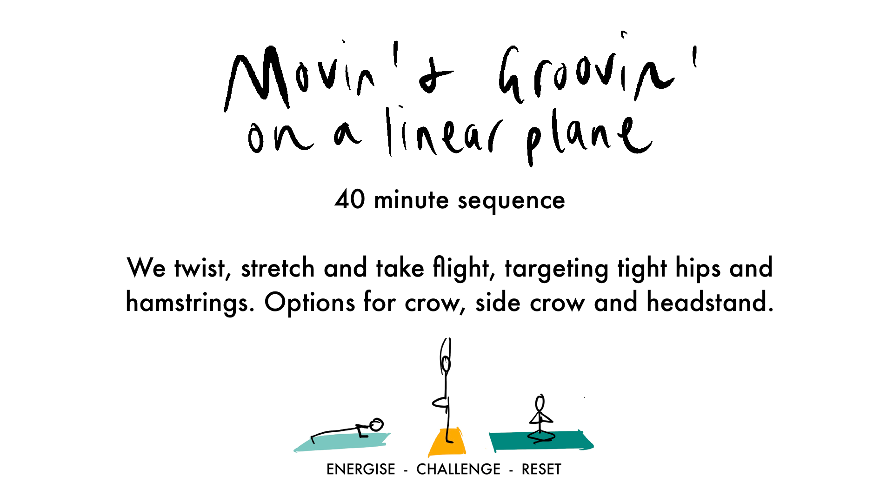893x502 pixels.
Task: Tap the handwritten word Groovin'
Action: point(598,70)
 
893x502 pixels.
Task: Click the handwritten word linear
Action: point(444,132)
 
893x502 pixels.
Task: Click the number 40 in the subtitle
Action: point(350,199)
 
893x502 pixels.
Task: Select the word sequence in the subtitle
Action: point(512,202)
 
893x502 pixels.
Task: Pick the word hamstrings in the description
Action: point(190,303)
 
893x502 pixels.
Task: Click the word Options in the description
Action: point(310,303)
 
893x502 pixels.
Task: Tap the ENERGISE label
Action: point(361,469)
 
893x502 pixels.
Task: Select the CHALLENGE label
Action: point(459,469)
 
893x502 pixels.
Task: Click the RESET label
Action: point(541,469)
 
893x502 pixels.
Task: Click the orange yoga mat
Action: point(447,443)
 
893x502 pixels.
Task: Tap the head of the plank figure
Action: point(377,424)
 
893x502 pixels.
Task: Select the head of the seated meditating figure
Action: point(540,403)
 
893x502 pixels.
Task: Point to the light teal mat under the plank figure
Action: point(342,442)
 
